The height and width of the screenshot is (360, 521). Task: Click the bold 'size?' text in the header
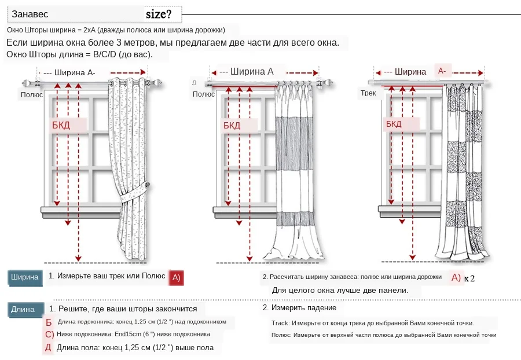coord(163,14)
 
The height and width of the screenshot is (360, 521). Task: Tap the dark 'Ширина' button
coord(24,277)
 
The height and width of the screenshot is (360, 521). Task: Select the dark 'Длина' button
coord(23,310)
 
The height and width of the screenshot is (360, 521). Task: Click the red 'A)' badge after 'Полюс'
coord(177,277)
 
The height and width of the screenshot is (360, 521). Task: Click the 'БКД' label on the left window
coord(61,125)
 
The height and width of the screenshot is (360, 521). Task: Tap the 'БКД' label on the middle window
coord(232,125)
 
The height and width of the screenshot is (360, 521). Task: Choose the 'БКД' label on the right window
coord(394,124)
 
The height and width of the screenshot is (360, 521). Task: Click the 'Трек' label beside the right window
coord(368,93)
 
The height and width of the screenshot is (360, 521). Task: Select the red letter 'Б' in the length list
coord(49,322)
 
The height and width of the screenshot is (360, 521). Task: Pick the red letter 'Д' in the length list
coord(48,348)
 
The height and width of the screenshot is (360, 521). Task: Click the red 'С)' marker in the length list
coord(49,335)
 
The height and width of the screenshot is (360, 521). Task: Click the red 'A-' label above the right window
coord(442,71)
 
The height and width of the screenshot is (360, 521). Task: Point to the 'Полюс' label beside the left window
coord(32,94)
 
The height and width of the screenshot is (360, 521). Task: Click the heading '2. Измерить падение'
coord(299,308)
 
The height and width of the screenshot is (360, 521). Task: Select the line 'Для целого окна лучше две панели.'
coord(340,290)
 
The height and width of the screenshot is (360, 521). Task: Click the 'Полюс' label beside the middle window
coord(204,94)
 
